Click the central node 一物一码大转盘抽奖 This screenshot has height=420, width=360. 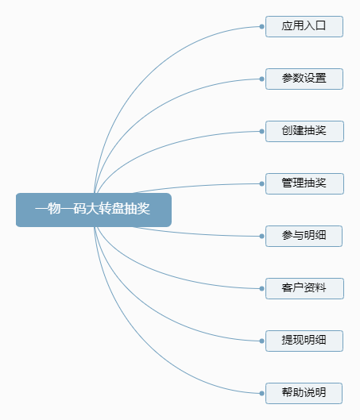94,210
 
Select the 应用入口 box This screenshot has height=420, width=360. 304,26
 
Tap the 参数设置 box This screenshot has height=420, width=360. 304,79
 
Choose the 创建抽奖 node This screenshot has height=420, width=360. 304,131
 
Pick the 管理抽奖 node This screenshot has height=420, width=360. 304,183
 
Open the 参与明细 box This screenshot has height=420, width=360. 304,236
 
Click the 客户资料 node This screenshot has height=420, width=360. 304,288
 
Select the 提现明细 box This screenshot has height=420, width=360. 304,341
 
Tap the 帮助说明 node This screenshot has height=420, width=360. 304,393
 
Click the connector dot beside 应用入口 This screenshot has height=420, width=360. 262,26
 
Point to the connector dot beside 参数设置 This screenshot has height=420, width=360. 262,79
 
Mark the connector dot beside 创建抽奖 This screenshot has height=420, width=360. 262,131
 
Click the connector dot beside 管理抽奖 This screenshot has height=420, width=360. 262,183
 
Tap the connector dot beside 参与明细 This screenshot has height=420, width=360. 262,236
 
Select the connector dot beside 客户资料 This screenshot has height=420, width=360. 262,288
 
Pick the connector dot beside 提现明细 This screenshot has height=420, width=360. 262,341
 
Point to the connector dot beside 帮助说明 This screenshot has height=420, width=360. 262,393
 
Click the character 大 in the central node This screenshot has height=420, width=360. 92,209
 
